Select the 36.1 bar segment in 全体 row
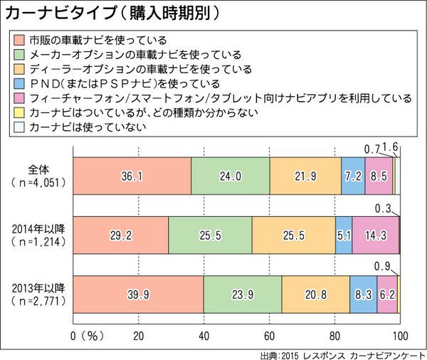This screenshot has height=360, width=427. (x=132, y=174)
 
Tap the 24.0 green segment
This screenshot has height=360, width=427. (x=231, y=174)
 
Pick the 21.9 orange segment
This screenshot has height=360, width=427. (x=306, y=174)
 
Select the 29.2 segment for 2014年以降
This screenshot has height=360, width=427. (x=120, y=234)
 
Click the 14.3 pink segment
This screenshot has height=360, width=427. (x=376, y=234)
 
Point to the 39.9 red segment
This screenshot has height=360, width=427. (x=138, y=294)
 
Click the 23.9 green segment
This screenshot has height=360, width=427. (x=243, y=294)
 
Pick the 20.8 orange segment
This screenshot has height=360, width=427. (x=316, y=294)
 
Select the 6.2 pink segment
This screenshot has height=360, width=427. (x=387, y=294)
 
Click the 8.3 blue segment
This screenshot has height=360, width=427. (x=364, y=294)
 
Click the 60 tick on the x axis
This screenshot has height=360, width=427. (x=270, y=335)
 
